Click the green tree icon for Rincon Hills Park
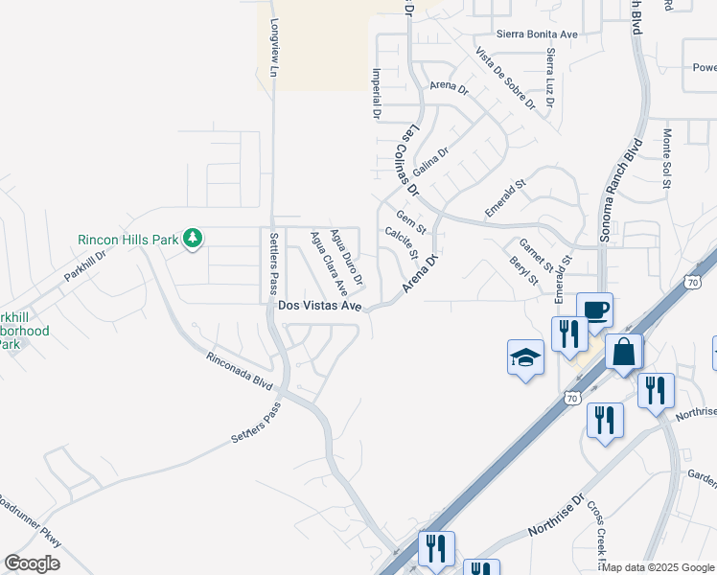tap(193, 238)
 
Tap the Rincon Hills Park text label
tap(128, 239)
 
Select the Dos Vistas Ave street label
tap(318, 306)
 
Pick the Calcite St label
tap(401, 242)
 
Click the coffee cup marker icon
tap(594, 309)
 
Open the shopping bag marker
tap(623, 351)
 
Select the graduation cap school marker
tap(525, 357)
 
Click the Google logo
tap(32, 563)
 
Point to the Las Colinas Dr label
tap(410, 158)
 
